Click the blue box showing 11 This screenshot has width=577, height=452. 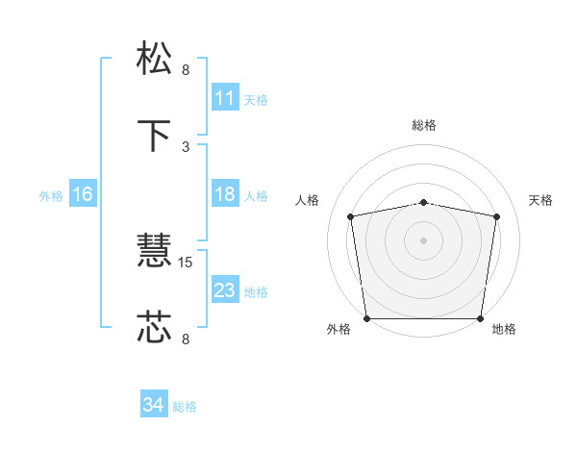click(x=224, y=98)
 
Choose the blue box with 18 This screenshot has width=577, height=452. click(x=224, y=194)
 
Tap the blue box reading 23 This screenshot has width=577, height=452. click(x=224, y=290)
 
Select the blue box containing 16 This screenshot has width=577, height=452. click(x=82, y=194)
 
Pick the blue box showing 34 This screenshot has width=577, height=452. click(x=154, y=406)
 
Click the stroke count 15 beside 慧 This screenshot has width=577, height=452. click(x=187, y=262)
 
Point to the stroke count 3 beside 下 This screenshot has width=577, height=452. click(x=186, y=146)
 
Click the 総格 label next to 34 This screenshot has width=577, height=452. click(x=185, y=407)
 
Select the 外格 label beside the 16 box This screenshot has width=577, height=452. click(x=51, y=195)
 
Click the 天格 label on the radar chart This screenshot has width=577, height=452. click(x=541, y=200)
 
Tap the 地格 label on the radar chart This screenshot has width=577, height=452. click(x=504, y=329)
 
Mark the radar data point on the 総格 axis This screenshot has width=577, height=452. click(x=424, y=202)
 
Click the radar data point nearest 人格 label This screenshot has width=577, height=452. click(x=351, y=216)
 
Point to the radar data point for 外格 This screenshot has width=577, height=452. click(x=366, y=318)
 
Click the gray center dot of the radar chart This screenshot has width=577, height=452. click(x=424, y=239)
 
